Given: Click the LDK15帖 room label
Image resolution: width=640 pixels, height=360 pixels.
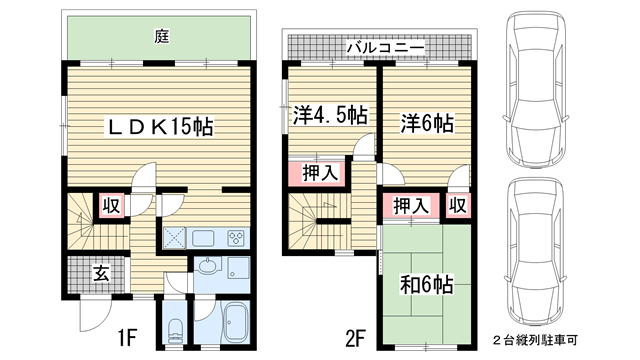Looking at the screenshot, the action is click(x=160, y=127).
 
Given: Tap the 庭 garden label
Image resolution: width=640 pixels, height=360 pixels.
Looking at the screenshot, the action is click(x=162, y=37).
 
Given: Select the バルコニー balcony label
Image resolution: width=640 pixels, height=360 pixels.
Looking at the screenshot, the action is click(x=385, y=48).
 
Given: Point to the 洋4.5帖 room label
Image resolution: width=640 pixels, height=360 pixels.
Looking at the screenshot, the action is click(x=330, y=115).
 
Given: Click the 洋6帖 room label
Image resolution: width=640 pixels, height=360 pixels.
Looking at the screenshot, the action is click(x=427, y=123).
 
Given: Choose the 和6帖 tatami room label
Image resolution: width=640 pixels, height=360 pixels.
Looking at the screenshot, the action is click(x=426, y=284).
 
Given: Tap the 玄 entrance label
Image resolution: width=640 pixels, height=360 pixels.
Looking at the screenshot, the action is click(x=101, y=273).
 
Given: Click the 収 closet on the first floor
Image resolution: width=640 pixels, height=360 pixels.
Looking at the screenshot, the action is click(x=111, y=205).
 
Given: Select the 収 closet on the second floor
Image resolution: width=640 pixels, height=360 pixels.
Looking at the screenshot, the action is click(x=458, y=205).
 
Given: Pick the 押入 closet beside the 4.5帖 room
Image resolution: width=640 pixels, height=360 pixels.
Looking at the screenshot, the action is click(x=320, y=173).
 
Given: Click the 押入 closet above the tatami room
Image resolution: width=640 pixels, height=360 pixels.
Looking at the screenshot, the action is click(x=411, y=205).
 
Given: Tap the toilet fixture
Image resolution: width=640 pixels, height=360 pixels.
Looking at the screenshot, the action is click(x=176, y=331).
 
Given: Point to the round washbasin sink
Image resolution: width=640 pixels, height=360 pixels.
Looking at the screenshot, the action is click(x=208, y=267).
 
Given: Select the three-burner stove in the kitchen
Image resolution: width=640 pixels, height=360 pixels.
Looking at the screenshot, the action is click(x=236, y=238).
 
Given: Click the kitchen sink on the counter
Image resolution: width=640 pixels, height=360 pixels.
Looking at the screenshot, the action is click(x=203, y=238).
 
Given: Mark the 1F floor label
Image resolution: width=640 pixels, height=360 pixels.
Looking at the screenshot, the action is click(x=127, y=338).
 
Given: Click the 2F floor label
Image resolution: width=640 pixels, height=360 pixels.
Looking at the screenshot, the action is click(x=354, y=338).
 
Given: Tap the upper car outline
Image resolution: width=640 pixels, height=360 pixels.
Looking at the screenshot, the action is click(x=535, y=91).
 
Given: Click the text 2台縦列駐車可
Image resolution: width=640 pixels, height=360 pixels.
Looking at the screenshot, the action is click(x=534, y=340).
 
